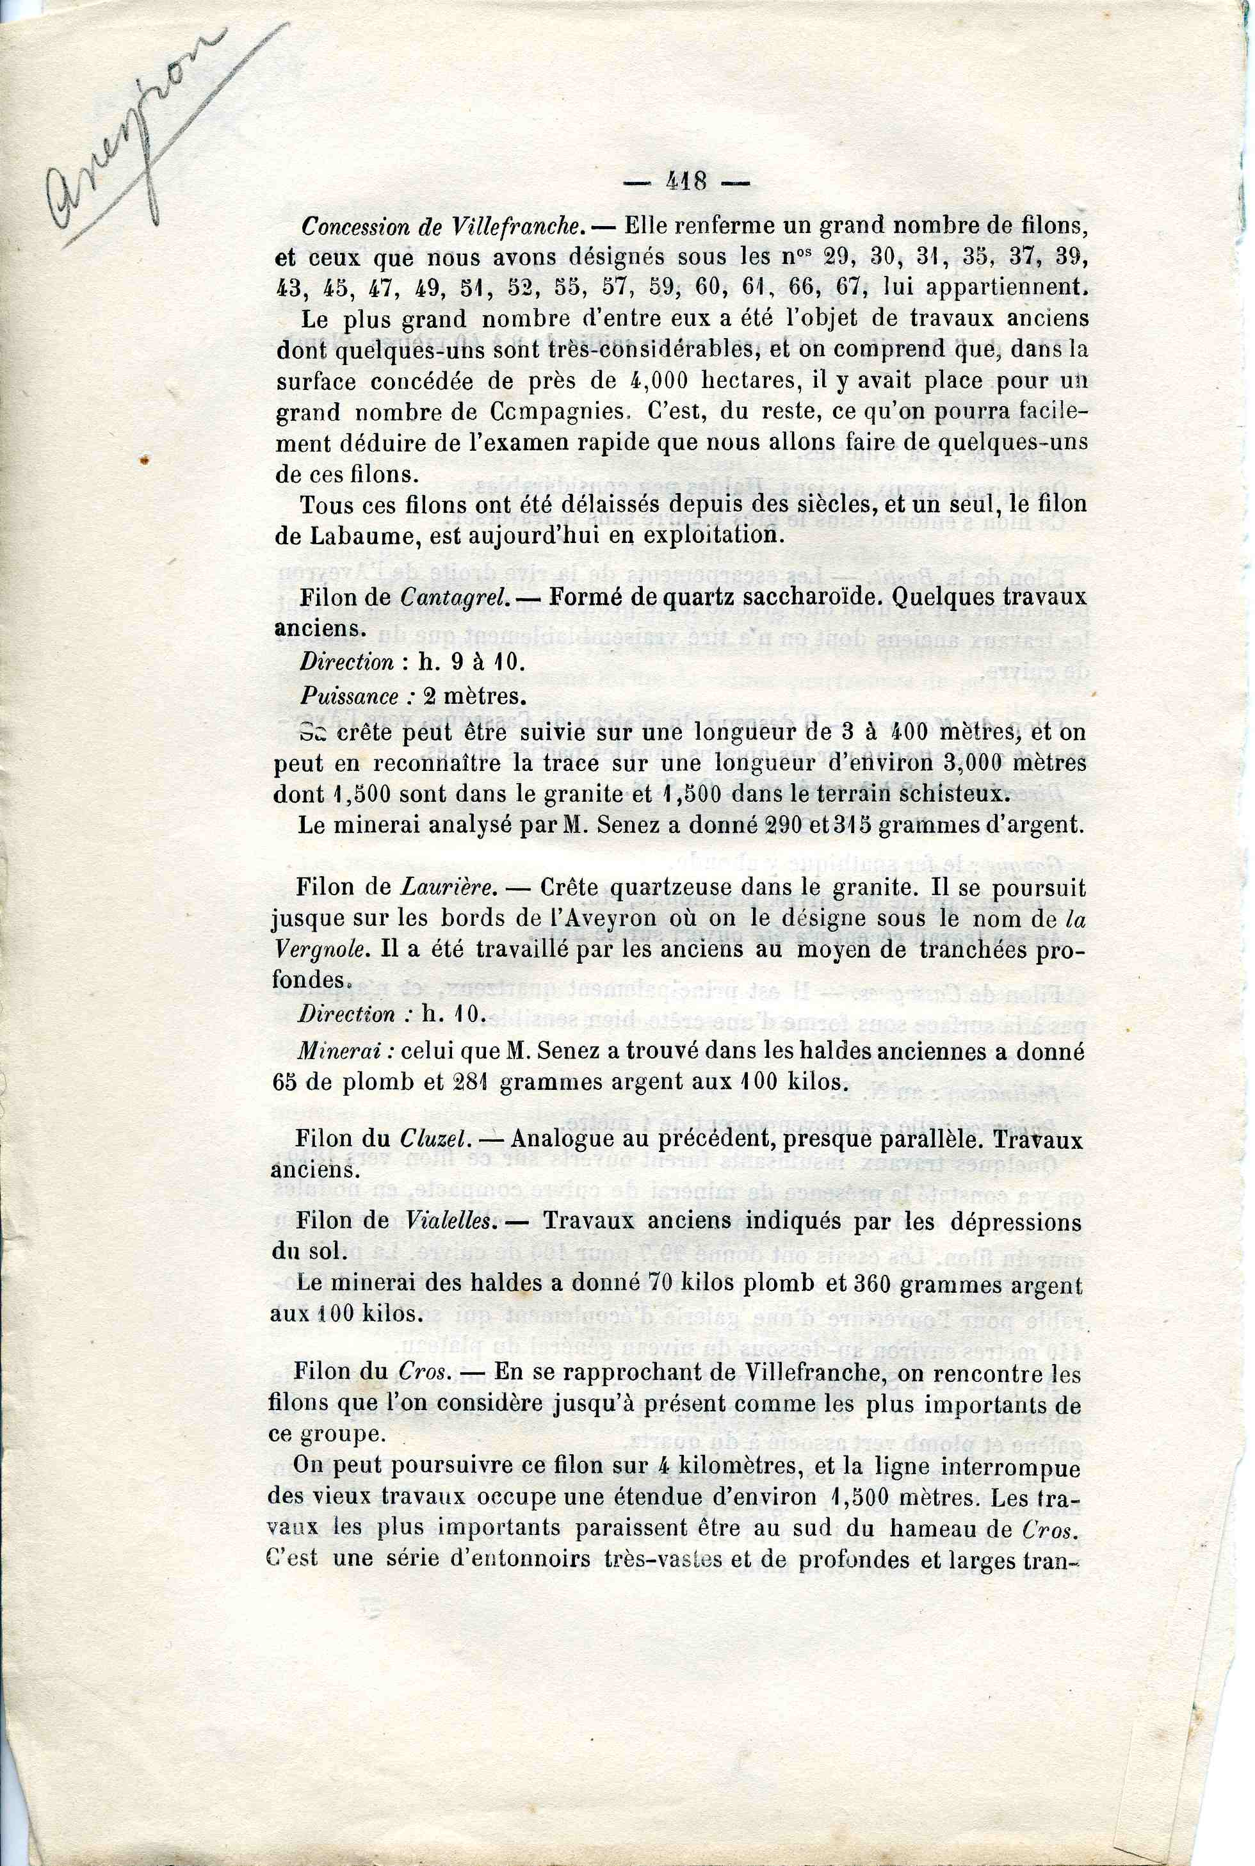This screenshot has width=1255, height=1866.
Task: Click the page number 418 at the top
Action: click(x=686, y=183)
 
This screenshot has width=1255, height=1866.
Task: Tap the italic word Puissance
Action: click(x=349, y=697)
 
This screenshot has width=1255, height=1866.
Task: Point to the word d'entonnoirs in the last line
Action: click(x=525, y=1559)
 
